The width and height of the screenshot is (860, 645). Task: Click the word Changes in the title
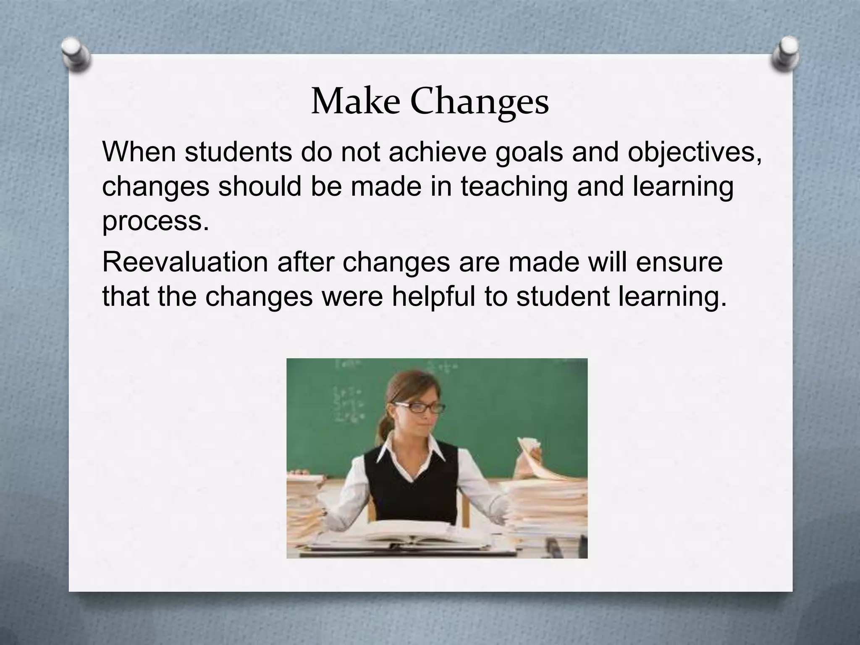pos(480,103)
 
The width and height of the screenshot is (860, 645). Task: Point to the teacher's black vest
pos(416,487)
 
